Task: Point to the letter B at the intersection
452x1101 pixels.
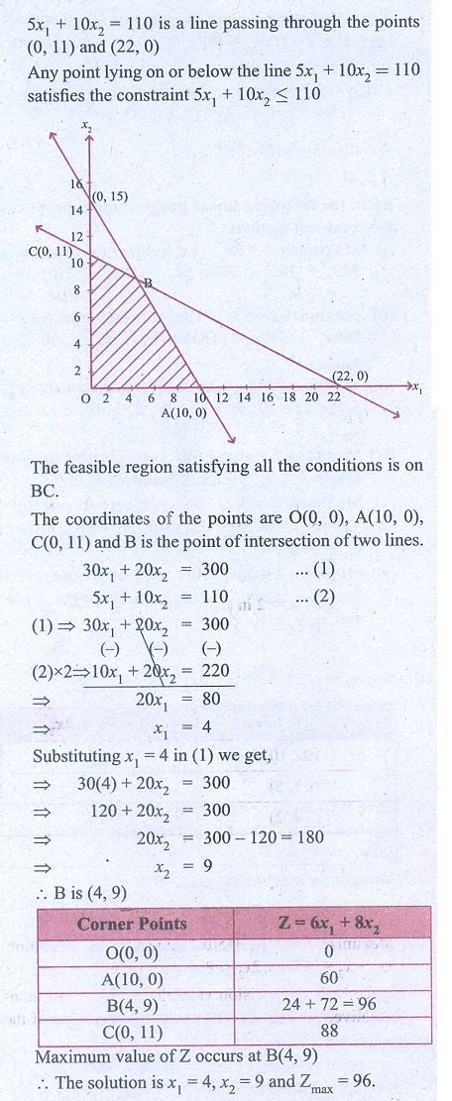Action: (x=148, y=283)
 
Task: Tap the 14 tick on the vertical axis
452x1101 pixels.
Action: (x=76, y=211)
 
